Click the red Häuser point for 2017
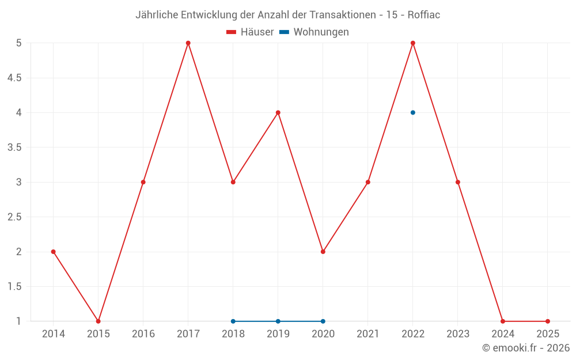188,43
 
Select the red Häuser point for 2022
413,43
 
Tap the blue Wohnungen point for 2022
413,112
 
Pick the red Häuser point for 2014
54,252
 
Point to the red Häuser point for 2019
278,112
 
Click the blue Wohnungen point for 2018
233,321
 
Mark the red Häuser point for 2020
323,252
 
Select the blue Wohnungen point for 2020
323,321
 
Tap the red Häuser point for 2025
548,321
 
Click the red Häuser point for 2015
98,321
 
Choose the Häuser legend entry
250,32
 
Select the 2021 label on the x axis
368,334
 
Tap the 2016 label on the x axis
143,334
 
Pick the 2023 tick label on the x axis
458,334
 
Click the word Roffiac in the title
423,15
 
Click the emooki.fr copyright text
526,348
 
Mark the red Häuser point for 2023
458,182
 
